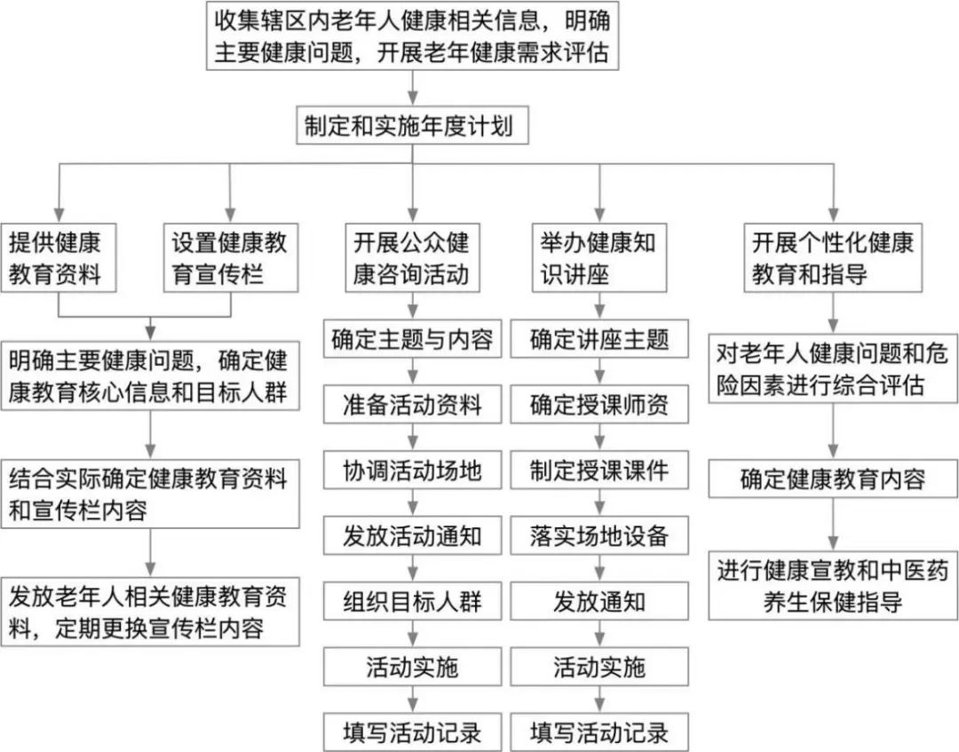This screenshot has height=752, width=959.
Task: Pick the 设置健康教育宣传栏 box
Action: coord(230,257)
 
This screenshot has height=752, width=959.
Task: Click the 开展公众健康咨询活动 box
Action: coord(411,257)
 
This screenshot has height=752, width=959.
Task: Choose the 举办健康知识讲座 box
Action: coord(599,257)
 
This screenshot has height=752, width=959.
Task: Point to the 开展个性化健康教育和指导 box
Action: coord(832,257)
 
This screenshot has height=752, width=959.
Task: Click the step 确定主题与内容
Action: coord(411,339)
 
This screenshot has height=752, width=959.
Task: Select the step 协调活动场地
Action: coord(411,471)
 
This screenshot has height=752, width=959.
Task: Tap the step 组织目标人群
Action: coord(411,601)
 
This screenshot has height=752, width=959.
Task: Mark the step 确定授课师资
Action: coord(599,405)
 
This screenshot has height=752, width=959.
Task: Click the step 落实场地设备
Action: coord(599,535)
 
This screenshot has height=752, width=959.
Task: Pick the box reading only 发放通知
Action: coord(599,601)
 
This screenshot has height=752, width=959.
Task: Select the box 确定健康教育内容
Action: coord(832,479)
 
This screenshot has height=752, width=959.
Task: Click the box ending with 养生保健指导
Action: coord(832,586)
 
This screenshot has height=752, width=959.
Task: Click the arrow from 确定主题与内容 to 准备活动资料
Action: coord(413,372)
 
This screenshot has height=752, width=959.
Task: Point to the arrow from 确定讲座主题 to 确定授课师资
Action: coord(599,372)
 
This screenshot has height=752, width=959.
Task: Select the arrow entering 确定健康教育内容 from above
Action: coord(832,432)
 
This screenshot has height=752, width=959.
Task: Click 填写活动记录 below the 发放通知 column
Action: coord(599,732)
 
